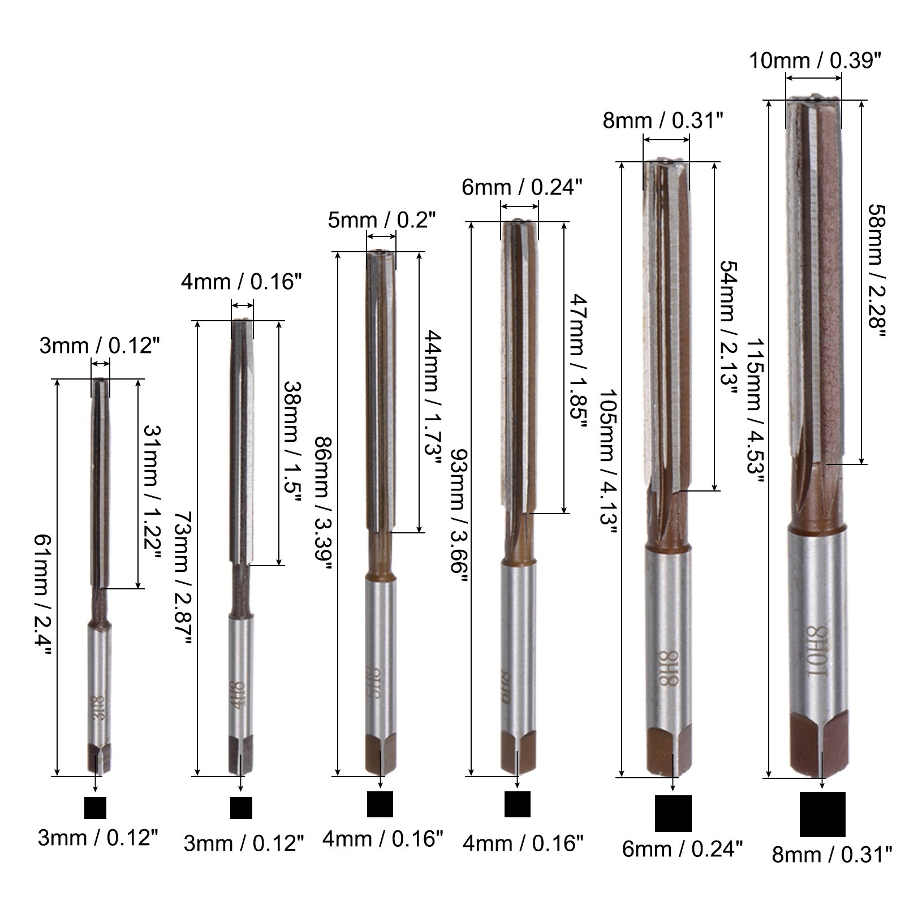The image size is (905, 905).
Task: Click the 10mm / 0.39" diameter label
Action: tap(815, 61)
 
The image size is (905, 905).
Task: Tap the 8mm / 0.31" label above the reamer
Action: tap(663, 120)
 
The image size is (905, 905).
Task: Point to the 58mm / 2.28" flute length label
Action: tap(875, 270)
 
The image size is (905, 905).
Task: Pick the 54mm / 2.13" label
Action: tap(729, 322)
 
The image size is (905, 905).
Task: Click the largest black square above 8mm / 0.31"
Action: tap(822, 815)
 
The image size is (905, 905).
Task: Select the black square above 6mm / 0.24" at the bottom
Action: tap(673, 813)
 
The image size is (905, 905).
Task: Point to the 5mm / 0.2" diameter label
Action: tap(382, 220)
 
